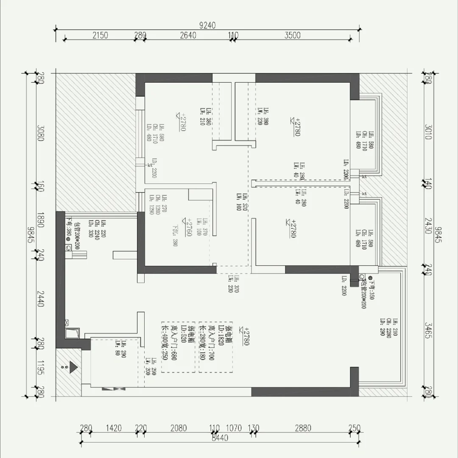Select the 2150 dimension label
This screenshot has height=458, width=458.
[x=100, y=36]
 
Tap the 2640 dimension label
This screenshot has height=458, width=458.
[x=188, y=36]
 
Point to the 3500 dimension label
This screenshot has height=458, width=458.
[x=292, y=36]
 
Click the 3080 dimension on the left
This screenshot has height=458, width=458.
[x=41, y=133]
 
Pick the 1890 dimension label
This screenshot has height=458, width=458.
[x=41, y=220]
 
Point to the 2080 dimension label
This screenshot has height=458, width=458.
[x=178, y=428]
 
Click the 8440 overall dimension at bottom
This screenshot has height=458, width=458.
[x=220, y=438]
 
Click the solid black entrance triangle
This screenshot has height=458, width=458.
[x=73, y=367]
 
